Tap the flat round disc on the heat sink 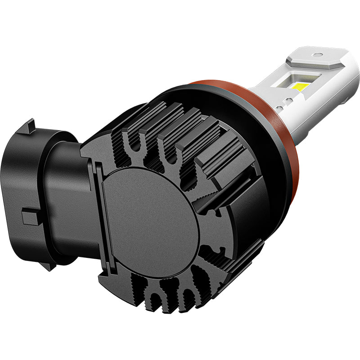(151, 211)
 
